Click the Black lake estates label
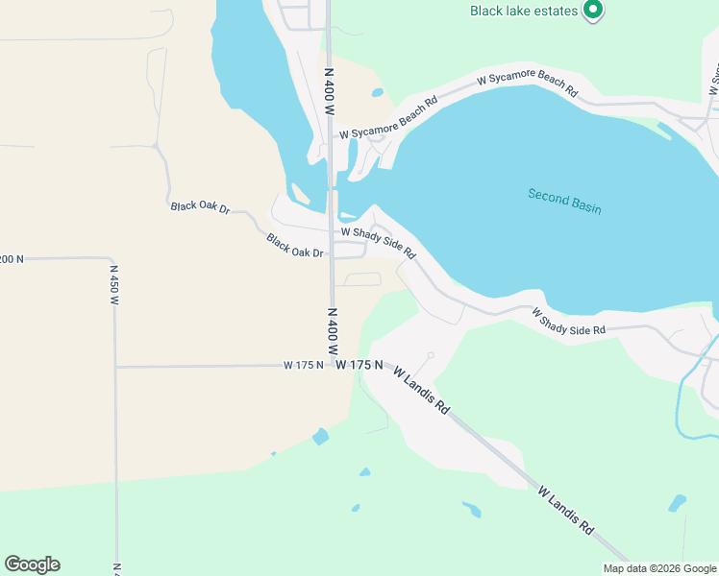point(524,12)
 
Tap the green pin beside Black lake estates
point(593,11)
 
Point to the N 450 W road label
point(113,285)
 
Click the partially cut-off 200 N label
point(11,259)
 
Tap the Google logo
point(32,564)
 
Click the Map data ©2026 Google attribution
point(660,568)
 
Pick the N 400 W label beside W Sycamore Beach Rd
point(329,91)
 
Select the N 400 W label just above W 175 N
point(332,331)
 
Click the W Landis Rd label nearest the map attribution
point(565,510)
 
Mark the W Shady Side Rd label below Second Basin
point(569,321)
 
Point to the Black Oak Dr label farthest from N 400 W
point(201,207)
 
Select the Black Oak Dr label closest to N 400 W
point(297,246)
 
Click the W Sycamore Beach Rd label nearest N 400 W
point(387,118)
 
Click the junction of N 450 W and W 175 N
point(115,367)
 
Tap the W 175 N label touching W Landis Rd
point(360,366)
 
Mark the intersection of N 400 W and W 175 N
point(332,365)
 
